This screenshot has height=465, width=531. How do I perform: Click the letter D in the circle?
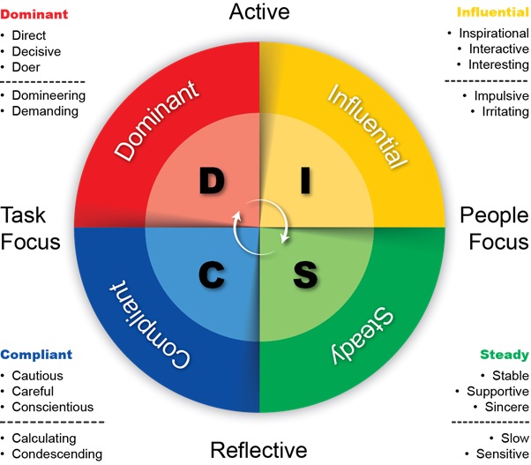point(213,180)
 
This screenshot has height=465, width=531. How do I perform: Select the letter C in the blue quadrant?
point(213,274)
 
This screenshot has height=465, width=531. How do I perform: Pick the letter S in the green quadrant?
point(305,274)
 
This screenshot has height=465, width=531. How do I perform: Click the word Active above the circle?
point(260,12)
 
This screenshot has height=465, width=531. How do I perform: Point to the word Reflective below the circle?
point(259,450)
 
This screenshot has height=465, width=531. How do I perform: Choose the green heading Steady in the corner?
point(505,355)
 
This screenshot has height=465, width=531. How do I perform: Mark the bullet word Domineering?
point(49,94)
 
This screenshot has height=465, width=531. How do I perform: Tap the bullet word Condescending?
point(56,454)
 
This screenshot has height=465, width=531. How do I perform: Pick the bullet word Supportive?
point(497,391)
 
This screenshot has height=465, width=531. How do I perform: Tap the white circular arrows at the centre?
point(259,227)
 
